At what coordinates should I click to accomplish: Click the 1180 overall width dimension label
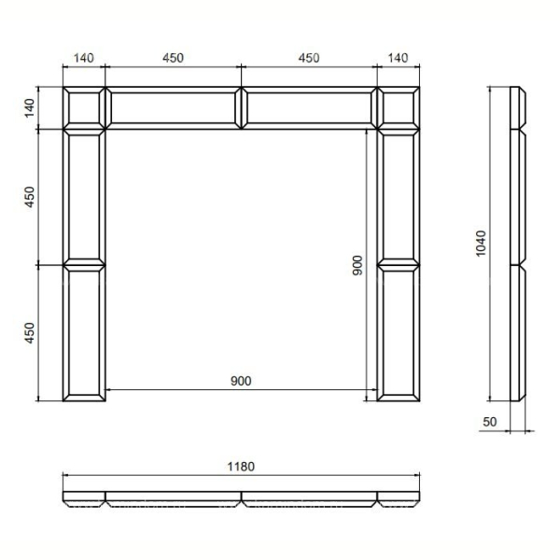(241, 467)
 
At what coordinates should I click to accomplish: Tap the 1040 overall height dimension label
(481, 244)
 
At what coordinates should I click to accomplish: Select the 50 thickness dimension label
(490, 422)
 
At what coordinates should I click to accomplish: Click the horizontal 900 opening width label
(241, 381)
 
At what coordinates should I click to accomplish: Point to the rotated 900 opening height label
(357, 265)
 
